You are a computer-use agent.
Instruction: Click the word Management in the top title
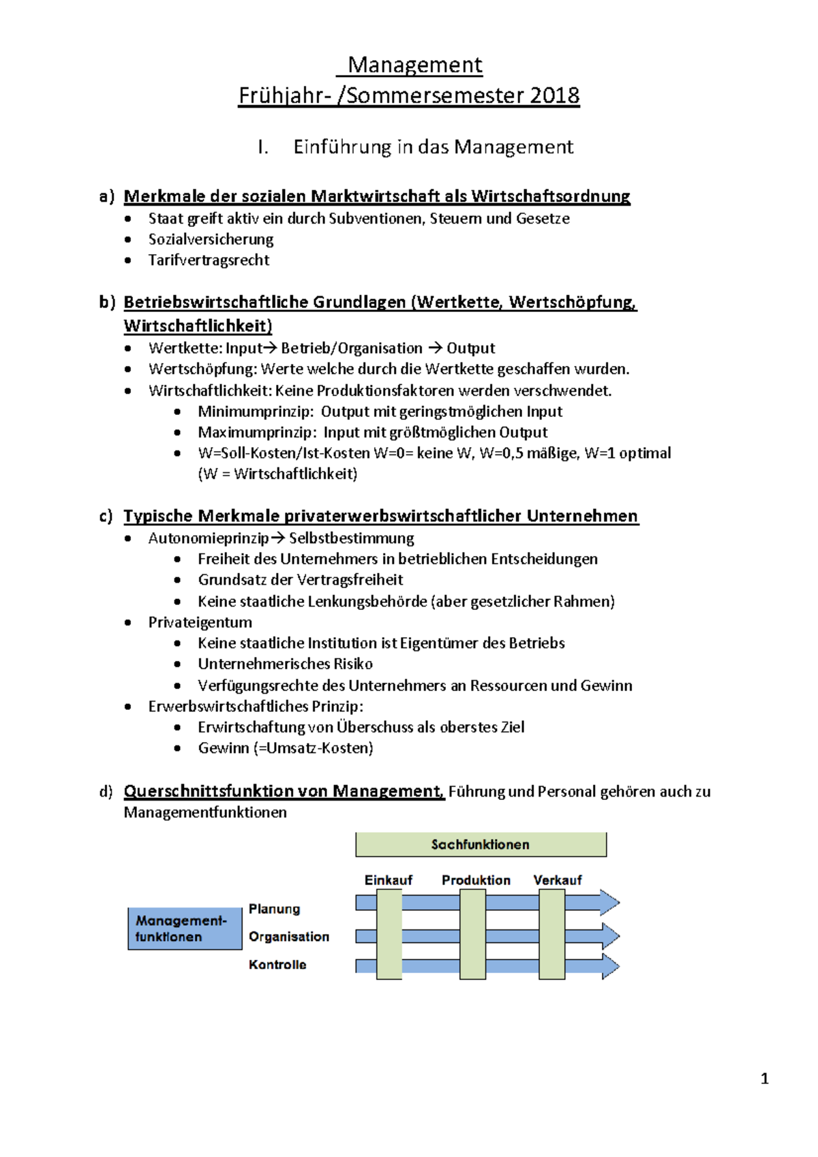414,65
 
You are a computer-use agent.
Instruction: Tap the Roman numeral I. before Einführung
263,147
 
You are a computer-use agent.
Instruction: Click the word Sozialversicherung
211,239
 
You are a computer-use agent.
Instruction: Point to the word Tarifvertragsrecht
209,260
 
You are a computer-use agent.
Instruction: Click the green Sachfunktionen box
481,844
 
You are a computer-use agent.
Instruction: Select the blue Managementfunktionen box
185,929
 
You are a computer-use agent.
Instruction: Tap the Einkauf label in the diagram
388,880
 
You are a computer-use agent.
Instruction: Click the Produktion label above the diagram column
476,880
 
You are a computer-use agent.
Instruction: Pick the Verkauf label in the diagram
558,880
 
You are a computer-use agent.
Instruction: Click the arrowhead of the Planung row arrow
609,903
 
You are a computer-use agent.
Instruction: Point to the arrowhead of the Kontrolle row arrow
609,966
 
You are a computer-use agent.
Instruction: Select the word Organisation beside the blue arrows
288,937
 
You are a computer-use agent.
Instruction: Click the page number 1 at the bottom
764,1079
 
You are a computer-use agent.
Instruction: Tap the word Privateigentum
200,622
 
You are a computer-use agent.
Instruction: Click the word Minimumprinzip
256,412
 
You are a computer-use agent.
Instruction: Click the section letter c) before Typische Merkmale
106,516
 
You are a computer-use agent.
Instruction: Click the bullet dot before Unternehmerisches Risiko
177,664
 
